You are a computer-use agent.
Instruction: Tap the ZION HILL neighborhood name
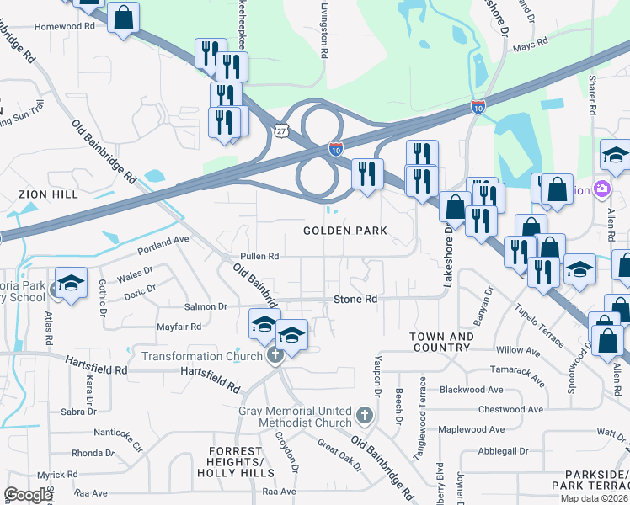tap(42, 194)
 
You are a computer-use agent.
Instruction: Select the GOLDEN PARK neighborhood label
tap(345, 231)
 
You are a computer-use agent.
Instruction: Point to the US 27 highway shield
tap(281, 130)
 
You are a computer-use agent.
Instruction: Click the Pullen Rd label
tap(259, 256)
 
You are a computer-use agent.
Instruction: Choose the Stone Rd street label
tap(355, 299)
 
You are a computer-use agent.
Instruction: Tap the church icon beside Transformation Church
tap(274, 357)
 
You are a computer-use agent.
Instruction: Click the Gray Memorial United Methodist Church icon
tap(364, 415)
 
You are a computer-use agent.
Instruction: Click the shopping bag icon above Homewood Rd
tap(123, 18)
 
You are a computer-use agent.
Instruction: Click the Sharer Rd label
tap(592, 95)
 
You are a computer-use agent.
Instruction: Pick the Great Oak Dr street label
tap(339, 455)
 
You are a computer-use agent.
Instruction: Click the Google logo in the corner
tap(29, 495)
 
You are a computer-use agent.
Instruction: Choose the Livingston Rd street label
tap(323, 29)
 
